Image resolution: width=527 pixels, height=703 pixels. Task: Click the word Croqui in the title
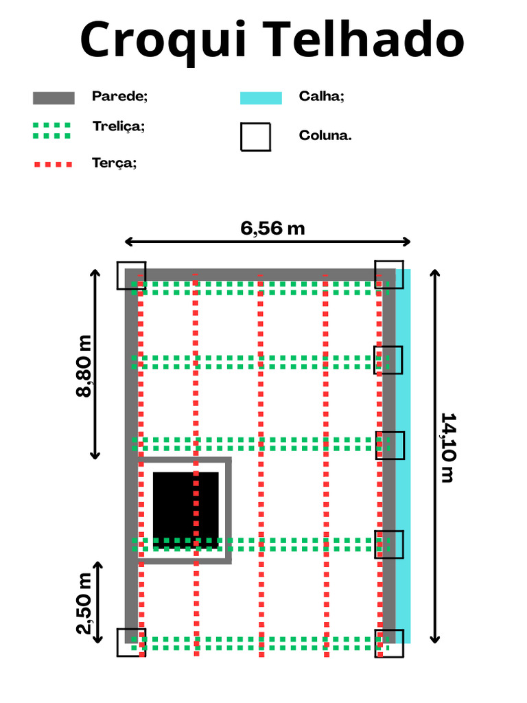pyautogui.click(x=163, y=41)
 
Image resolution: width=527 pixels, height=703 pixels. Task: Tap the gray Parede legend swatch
pyautogui.click(x=54, y=97)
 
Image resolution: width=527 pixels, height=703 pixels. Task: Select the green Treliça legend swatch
pyautogui.click(x=52, y=130)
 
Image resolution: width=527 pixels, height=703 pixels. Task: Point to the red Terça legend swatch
pyautogui.click(x=53, y=164)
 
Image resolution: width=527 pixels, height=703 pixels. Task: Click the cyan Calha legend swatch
pyautogui.click(x=261, y=97)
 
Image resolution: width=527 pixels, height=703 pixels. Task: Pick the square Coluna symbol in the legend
pyautogui.click(x=255, y=137)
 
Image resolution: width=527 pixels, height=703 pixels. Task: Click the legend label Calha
pyautogui.click(x=322, y=96)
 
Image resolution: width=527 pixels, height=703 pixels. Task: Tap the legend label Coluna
pyautogui.click(x=325, y=135)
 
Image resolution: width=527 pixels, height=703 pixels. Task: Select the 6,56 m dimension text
pyautogui.click(x=272, y=229)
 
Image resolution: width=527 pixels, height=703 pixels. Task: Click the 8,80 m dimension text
pyautogui.click(x=84, y=366)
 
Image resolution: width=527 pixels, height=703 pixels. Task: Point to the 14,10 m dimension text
pyautogui.click(x=448, y=448)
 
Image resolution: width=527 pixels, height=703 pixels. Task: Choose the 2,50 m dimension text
pyautogui.click(x=84, y=603)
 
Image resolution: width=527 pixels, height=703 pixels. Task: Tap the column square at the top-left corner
pyautogui.click(x=131, y=275)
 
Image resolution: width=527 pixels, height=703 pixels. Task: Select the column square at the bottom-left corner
pyautogui.click(x=131, y=643)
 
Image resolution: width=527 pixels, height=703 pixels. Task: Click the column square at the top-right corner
pyautogui.click(x=389, y=275)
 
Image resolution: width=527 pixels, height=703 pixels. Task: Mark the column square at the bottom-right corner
pyautogui.click(x=389, y=643)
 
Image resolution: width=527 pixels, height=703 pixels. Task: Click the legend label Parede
pyautogui.click(x=119, y=96)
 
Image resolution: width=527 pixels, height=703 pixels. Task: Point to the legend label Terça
pyautogui.click(x=115, y=163)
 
